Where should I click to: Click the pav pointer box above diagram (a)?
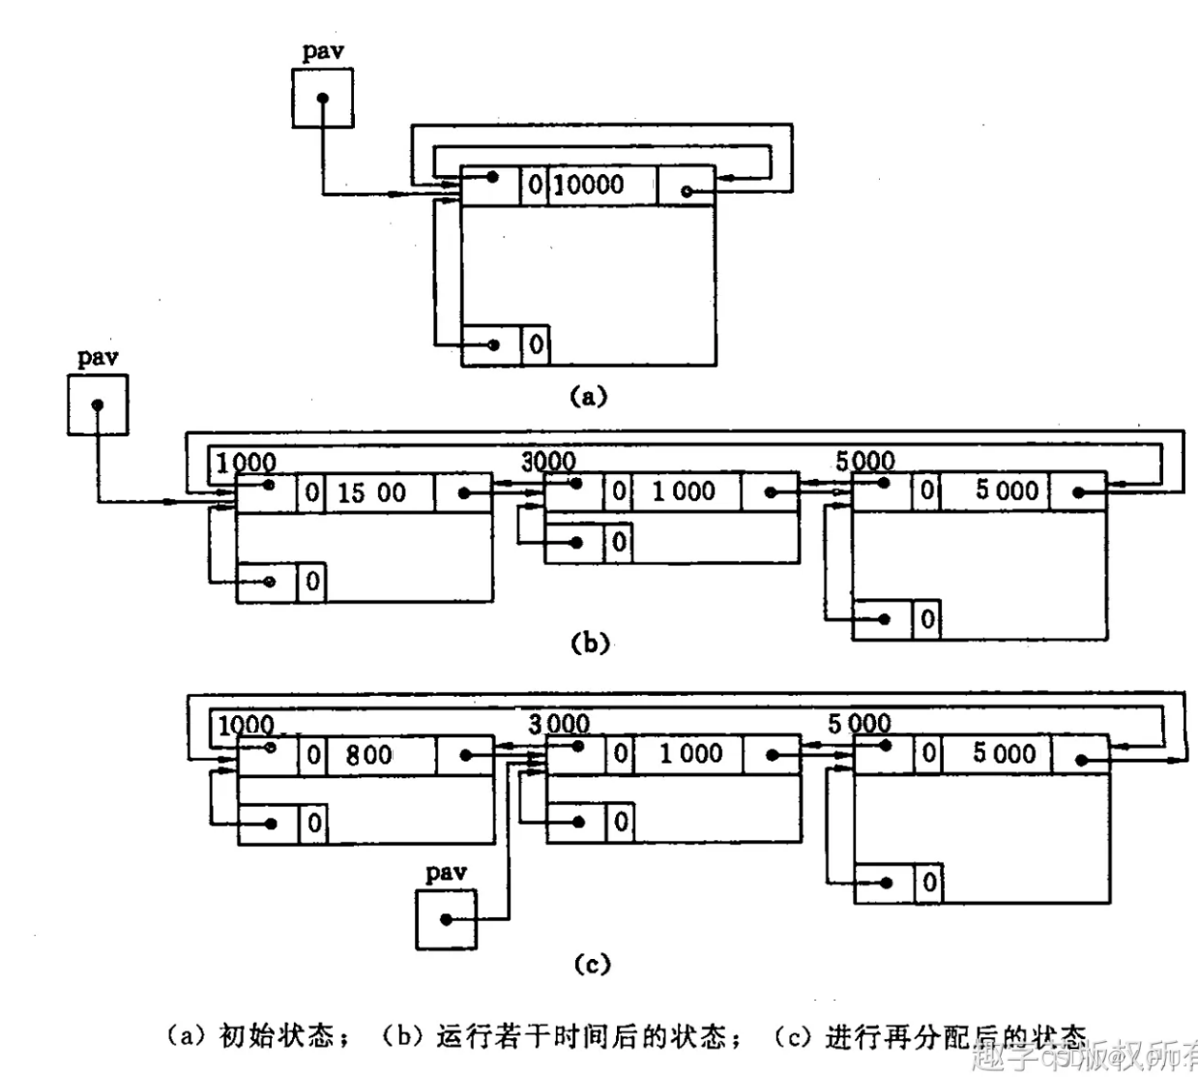tap(322, 98)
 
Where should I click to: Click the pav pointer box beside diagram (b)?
tap(98, 404)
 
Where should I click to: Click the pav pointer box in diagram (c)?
tap(446, 918)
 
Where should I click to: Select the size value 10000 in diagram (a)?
tap(589, 184)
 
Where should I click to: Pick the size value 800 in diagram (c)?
tap(369, 755)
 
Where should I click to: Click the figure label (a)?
tap(588, 395)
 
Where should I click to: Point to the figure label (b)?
tap(590, 643)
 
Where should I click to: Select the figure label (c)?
tap(592, 964)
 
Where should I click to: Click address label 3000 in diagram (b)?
tap(548, 462)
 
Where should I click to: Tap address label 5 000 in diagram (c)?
tap(860, 723)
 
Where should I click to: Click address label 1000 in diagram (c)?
tap(246, 725)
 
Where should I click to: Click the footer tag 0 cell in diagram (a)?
tap(536, 344)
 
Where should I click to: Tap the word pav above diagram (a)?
tap(323, 51)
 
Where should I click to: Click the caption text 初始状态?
tap(277, 1036)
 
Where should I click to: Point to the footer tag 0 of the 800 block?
tap(312, 823)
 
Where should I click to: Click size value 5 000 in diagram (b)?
tap(1007, 491)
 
